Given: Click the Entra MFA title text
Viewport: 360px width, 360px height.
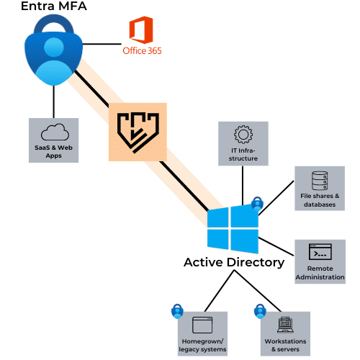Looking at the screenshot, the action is point(54,6).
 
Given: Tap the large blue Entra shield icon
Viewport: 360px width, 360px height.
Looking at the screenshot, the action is point(54,50).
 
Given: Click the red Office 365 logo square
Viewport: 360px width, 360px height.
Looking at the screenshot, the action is point(141,30).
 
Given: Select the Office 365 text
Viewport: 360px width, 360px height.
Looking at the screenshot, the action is point(142,51).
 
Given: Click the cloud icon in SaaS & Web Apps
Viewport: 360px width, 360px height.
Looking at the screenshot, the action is point(55,132).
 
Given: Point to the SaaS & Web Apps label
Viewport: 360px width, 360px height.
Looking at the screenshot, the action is point(53,151).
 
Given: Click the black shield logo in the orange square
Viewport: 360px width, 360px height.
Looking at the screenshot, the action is point(138,132).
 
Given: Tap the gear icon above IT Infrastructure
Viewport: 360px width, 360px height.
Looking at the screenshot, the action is point(243,135).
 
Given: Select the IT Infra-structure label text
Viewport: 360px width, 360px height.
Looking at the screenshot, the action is point(243,154).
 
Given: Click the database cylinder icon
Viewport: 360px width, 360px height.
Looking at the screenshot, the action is point(320,181).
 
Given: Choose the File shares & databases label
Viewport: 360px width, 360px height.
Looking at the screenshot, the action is point(320,200).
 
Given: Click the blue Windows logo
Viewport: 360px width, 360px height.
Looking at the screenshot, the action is point(233,229).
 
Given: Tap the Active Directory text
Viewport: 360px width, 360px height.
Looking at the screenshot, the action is point(234,262).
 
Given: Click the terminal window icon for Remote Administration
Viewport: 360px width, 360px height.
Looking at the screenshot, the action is point(320,252).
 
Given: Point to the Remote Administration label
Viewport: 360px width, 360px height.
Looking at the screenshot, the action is point(320,273).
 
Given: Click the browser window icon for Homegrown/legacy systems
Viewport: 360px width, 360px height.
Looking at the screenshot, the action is point(202,325).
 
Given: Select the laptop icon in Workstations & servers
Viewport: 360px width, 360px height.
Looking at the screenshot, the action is point(285,325).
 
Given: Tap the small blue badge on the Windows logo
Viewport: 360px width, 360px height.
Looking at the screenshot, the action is point(257,204).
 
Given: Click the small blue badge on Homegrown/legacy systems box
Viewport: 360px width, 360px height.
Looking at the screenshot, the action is point(177,311).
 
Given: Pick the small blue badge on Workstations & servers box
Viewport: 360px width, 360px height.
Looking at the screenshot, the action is point(260,311).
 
